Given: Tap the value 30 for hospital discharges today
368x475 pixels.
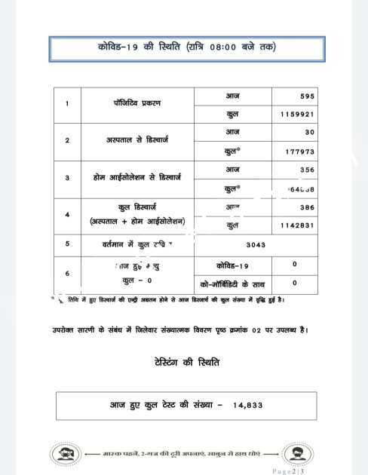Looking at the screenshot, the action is point(310,132).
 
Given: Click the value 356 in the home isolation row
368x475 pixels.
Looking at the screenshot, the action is point(306,170).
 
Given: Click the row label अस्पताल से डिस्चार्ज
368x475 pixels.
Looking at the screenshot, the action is point(138,140).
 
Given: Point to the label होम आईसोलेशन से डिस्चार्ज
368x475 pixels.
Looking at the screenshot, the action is point(137,177).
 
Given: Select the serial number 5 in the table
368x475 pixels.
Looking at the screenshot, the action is point(67,244).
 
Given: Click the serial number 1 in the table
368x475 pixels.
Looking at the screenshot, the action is point(67,104).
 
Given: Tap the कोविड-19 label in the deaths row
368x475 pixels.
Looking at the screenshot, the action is point(232,265).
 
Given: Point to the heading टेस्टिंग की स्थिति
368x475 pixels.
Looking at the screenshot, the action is point(184,363).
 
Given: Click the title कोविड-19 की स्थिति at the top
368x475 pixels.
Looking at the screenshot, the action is point(186,47).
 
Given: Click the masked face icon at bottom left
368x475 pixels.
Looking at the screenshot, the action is point(64,454).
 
